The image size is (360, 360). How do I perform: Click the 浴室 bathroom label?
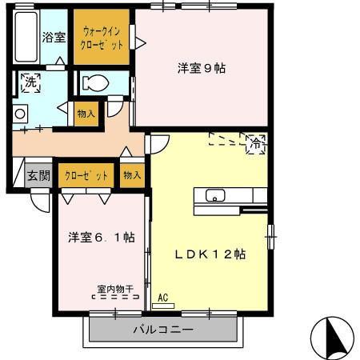[x=54, y=37]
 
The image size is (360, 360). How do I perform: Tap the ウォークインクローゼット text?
[x=101, y=38]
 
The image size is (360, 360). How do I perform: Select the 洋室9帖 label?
[x=201, y=68]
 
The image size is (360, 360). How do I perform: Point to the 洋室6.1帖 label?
[x=100, y=238]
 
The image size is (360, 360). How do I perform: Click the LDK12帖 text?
[x=210, y=254]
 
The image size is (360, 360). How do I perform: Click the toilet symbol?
[x=96, y=82]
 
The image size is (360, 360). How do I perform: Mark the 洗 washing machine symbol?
[x=30, y=82]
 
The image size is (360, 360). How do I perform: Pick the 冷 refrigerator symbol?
[x=256, y=144]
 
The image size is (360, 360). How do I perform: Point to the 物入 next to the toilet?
[x=86, y=114]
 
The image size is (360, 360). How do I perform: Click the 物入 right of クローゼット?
[x=132, y=174]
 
